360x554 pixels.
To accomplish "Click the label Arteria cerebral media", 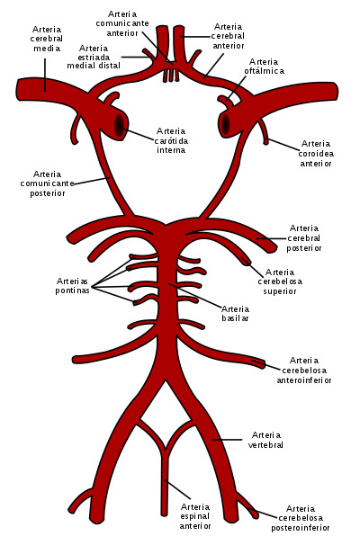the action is tap(47, 39).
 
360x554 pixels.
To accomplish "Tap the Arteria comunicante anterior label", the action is tap(122, 23).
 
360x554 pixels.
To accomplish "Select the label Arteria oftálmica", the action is tap(264, 67).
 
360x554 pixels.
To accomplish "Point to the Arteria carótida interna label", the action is tap(171, 140).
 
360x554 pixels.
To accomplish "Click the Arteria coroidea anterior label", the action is tap(316, 153).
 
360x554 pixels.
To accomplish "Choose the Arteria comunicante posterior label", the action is tap(48, 183).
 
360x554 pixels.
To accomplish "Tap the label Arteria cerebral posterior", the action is tap(304, 237).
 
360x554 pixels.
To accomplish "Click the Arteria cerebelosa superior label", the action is tap(280, 281).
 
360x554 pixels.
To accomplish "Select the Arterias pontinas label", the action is tap(73, 285).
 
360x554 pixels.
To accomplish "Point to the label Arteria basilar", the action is tap(235, 313).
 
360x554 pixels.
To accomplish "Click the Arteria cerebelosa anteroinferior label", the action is tap(304, 370).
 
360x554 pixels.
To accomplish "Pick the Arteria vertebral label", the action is tap(265, 440).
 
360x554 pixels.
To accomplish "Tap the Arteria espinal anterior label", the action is tap(195, 516).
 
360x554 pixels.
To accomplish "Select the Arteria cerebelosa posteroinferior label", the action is tap(301, 518).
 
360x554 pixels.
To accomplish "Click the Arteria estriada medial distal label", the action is tap(94, 57).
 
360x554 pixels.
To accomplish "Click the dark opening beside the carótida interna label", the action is tap(120, 126).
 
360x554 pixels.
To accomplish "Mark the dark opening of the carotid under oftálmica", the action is tap(225, 124).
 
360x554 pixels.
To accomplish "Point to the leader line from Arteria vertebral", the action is tap(228, 440).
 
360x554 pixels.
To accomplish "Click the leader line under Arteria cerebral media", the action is tap(45, 75).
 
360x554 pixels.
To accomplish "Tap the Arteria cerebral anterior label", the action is tap(228, 36).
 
